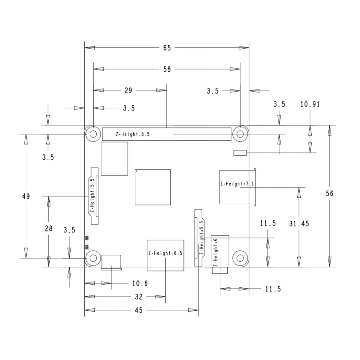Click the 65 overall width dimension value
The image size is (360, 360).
point(167,48)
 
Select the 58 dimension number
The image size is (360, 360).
point(167,69)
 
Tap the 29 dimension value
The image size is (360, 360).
point(128,91)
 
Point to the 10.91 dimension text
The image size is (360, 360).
point(310,105)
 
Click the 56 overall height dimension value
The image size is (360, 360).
point(329,193)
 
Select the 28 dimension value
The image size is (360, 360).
point(49,228)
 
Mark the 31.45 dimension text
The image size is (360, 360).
point(299,224)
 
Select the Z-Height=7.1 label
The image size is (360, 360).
point(237,184)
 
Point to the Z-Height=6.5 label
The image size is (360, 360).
point(165,254)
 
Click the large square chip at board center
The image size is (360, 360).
point(153,187)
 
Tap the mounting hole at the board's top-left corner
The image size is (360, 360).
point(93,134)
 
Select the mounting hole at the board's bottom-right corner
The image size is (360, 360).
point(240,258)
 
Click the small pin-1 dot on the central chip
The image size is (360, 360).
point(137,170)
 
